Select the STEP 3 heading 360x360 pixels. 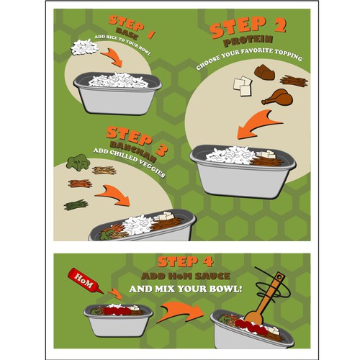click(136, 135)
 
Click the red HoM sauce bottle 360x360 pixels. click(81, 276)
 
